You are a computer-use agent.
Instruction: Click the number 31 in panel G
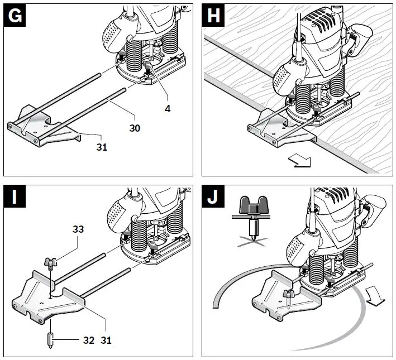tap(101, 148)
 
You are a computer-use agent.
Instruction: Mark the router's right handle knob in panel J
tap(373, 210)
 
